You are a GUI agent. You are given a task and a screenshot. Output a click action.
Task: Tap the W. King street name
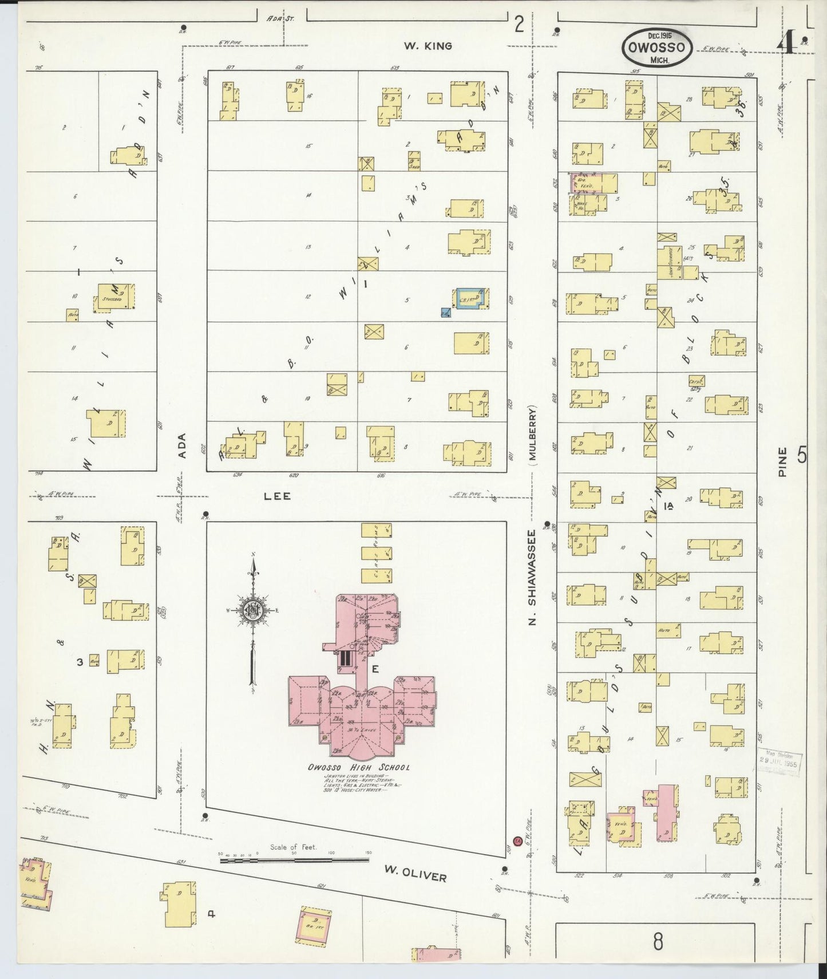tap(428, 46)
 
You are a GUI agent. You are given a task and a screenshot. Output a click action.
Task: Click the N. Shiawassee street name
tap(532, 577)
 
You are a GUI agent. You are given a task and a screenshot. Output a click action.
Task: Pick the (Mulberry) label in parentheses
tap(532, 433)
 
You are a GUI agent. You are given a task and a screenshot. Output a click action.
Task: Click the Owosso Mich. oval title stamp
tap(657, 46)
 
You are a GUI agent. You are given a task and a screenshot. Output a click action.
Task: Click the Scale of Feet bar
tap(294, 859)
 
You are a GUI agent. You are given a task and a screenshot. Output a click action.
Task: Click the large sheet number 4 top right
tap(788, 41)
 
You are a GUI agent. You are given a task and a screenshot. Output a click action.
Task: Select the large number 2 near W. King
tap(519, 24)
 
